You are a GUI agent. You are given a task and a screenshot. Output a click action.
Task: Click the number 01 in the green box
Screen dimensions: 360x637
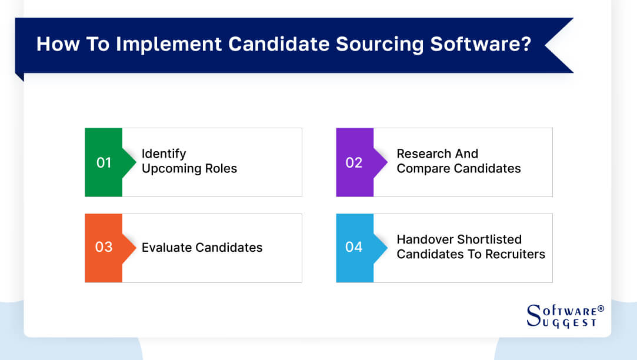[x=104, y=162]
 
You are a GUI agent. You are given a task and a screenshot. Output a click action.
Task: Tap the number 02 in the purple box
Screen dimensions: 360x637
[x=353, y=162]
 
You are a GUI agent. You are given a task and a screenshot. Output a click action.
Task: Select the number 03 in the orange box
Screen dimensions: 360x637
[x=104, y=247]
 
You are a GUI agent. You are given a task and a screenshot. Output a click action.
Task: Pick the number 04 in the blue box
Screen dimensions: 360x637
[x=353, y=247]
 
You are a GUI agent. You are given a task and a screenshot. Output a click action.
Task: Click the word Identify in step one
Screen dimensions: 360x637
[x=164, y=154]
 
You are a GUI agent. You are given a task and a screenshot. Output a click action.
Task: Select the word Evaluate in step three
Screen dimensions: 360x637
[x=167, y=248]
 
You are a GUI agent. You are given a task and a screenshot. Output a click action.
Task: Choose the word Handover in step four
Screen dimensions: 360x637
[x=425, y=239]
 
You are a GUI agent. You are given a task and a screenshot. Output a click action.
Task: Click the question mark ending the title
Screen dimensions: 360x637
[x=525, y=45]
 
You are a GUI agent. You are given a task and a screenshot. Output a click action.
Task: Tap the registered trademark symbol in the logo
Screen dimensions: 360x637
[x=601, y=309]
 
